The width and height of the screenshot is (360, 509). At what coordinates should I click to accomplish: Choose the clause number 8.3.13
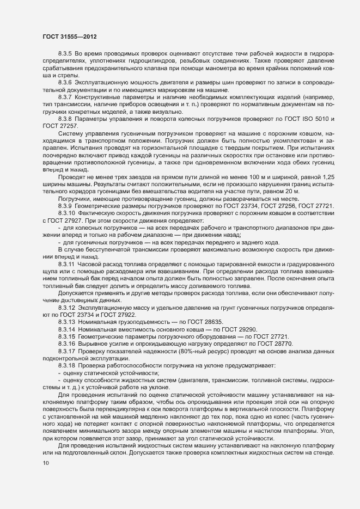pyautogui.click(x=66, y=322)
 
